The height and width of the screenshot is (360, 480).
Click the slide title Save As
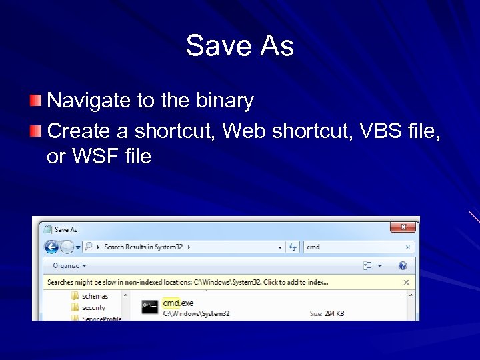pos(239,46)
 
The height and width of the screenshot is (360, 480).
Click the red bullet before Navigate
pos(35,101)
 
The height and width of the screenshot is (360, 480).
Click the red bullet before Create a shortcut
pos(35,129)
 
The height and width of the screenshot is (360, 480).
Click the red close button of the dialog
pos(403,228)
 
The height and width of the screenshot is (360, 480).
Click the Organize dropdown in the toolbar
pos(69,265)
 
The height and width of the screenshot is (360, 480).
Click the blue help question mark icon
pos(403,265)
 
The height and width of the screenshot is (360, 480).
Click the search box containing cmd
pos(353,247)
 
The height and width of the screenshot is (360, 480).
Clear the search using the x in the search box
pos(408,247)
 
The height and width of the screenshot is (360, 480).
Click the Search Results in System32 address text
pos(143,247)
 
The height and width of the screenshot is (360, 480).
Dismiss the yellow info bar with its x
pos(406,282)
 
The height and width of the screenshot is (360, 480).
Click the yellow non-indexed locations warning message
pos(187,282)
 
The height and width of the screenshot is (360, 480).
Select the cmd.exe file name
pos(178,303)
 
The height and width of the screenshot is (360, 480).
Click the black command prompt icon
pos(149,306)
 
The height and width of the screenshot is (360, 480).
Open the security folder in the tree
pos(93,307)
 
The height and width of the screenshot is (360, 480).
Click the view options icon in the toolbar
pos(367,265)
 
